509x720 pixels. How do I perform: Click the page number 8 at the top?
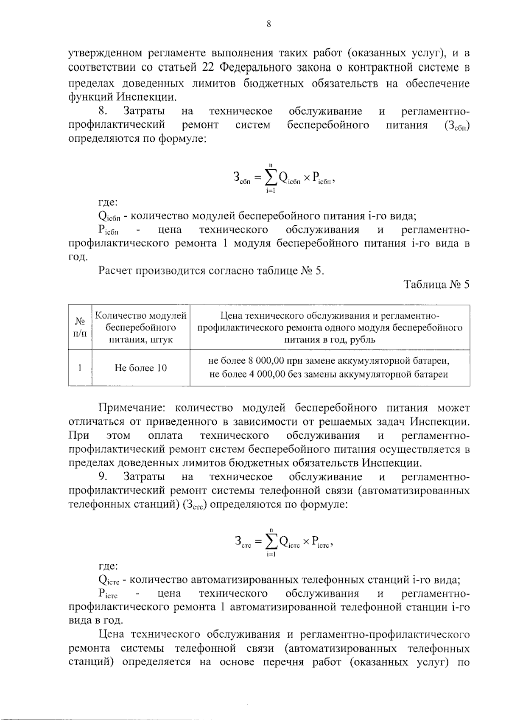[x=268, y=24]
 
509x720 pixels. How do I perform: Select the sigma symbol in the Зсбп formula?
[x=270, y=178]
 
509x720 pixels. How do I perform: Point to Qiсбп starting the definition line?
[x=109, y=216]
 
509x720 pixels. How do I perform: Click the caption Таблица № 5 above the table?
[x=436, y=284]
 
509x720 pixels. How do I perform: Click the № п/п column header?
[x=80, y=327]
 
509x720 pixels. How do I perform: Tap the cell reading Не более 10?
[x=140, y=368]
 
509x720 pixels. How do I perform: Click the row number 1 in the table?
[x=80, y=368]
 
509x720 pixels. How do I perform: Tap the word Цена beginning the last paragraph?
[x=111, y=634]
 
